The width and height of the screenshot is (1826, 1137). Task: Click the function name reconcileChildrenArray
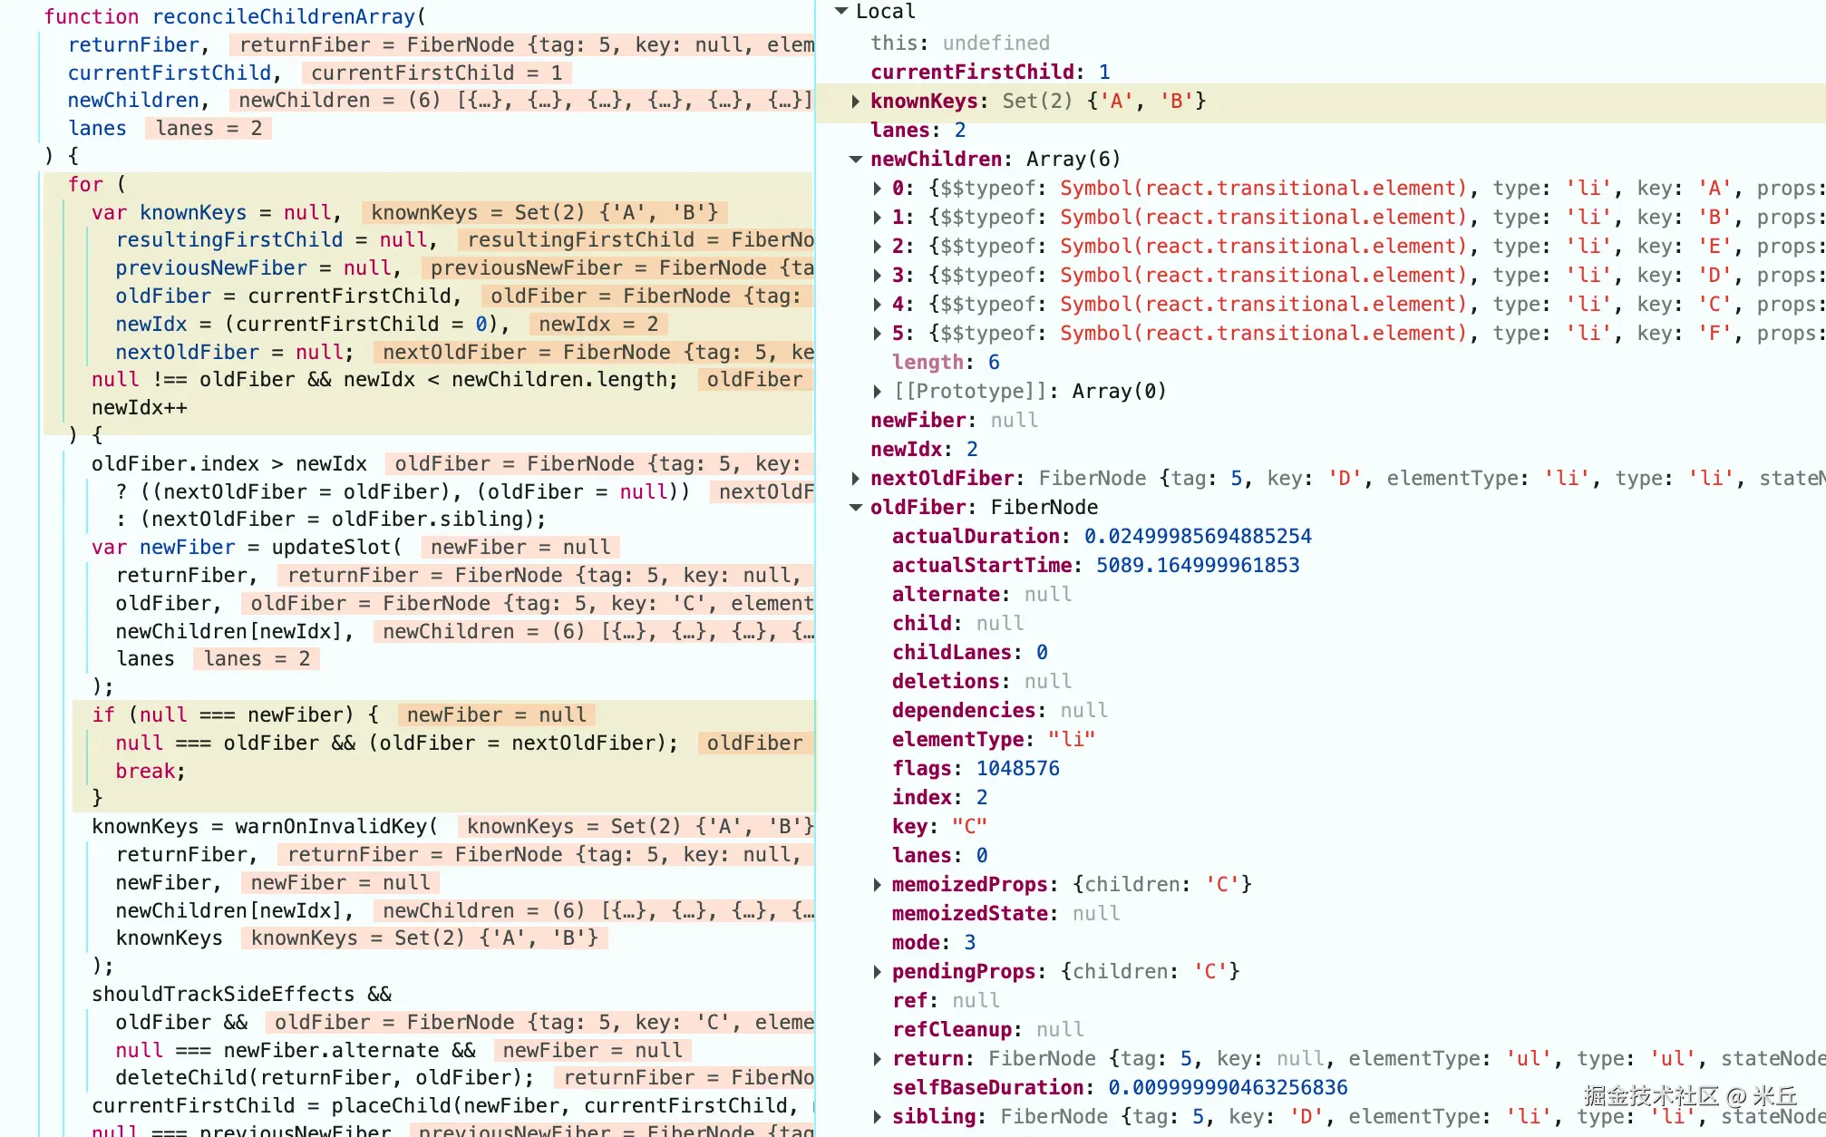click(x=284, y=16)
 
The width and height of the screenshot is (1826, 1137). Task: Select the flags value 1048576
click(x=1017, y=769)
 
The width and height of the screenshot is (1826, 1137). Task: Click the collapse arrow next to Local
click(x=841, y=11)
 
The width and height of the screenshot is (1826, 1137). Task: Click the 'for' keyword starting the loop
click(x=85, y=184)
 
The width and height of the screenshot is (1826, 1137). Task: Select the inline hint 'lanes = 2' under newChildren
click(x=209, y=129)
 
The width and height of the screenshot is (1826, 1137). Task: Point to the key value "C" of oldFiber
click(x=969, y=827)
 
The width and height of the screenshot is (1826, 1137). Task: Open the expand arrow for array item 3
click(x=878, y=276)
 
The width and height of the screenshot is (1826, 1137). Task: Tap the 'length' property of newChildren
click(x=928, y=363)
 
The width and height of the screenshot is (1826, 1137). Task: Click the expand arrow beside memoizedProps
click(x=878, y=885)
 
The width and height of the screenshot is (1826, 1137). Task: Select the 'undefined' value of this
click(x=996, y=44)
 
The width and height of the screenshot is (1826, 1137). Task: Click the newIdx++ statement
click(x=140, y=408)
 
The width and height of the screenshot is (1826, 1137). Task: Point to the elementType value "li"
click(x=1072, y=740)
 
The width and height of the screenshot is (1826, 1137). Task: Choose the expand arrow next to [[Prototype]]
click(x=878, y=392)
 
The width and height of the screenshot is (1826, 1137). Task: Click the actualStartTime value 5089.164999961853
click(x=1198, y=566)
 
